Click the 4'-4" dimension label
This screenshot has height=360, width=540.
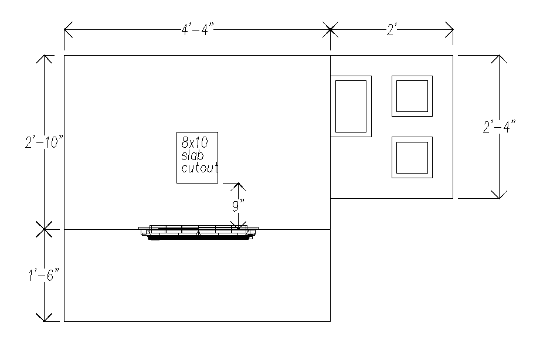198,30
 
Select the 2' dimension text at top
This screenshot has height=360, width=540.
392,30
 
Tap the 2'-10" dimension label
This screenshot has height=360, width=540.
45,142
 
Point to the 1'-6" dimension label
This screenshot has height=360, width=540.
44,275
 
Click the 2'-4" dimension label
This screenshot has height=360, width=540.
500,127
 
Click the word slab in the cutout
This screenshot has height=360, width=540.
192,155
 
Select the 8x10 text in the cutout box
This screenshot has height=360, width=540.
195,142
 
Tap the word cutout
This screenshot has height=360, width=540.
200,168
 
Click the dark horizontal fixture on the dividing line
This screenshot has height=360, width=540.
198,233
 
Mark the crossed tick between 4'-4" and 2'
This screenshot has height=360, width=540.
330,30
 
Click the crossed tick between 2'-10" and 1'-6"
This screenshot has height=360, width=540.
44,229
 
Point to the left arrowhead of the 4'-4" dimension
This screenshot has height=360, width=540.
68,30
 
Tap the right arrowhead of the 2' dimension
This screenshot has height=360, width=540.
449,30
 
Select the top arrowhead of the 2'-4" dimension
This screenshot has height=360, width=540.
499,59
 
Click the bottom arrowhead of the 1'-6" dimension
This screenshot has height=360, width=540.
44,317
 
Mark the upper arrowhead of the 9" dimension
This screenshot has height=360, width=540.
238,186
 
